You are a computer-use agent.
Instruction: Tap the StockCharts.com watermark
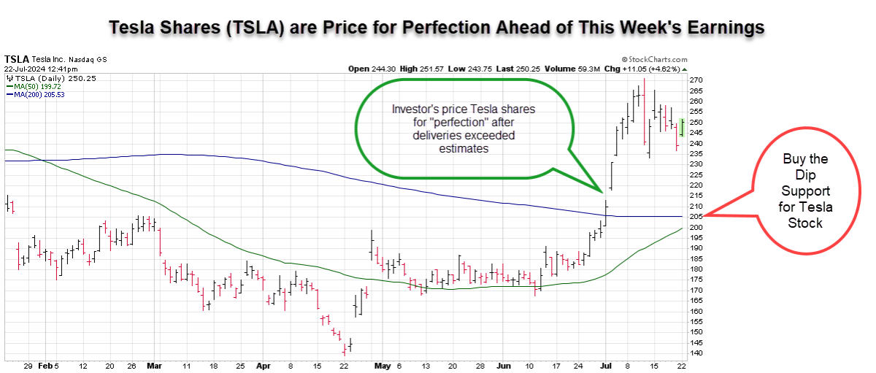(654, 60)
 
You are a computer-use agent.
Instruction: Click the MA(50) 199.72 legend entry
(37, 86)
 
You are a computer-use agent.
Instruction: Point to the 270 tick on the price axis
(696, 80)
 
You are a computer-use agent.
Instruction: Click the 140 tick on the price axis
(696, 353)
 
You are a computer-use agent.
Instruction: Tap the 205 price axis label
(696, 216)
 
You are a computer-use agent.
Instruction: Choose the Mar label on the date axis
(154, 366)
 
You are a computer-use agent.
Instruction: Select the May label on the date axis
(381, 366)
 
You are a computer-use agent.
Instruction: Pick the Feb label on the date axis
(45, 366)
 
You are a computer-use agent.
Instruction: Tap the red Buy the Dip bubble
(804, 191)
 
